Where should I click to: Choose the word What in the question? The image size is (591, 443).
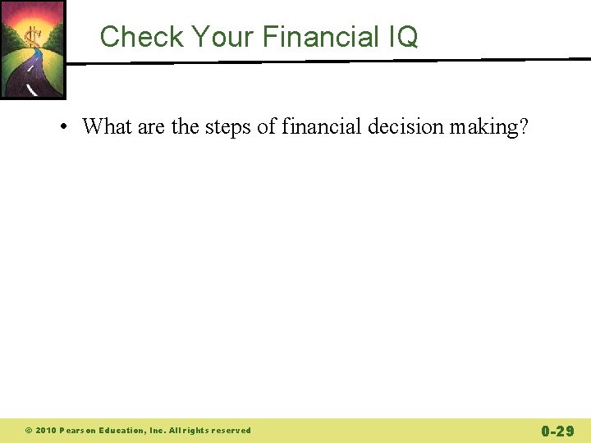[x=106, y=126]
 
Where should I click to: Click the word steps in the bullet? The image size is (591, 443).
[x=228, y=126]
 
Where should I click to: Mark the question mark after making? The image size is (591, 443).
[x=523, y=126]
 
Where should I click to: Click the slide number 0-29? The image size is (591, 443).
[x=557, y=431]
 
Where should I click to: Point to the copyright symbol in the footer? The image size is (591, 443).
[x=28, y=431]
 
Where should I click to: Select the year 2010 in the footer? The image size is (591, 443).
[x=45, y=431]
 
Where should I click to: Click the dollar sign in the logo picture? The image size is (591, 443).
[x=34, y=37]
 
